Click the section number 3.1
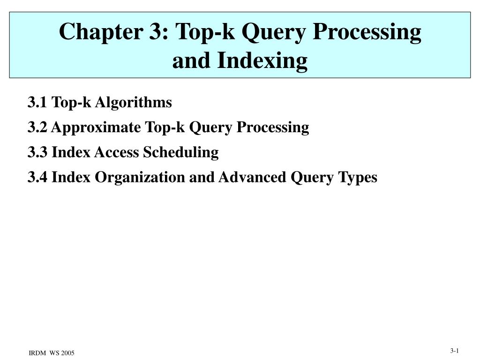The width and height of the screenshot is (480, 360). [37, 102]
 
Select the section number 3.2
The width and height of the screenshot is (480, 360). [37, 127]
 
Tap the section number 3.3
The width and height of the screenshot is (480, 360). [37, 152]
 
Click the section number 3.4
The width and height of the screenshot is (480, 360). [37, 178]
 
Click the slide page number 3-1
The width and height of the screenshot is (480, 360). [455, 351]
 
